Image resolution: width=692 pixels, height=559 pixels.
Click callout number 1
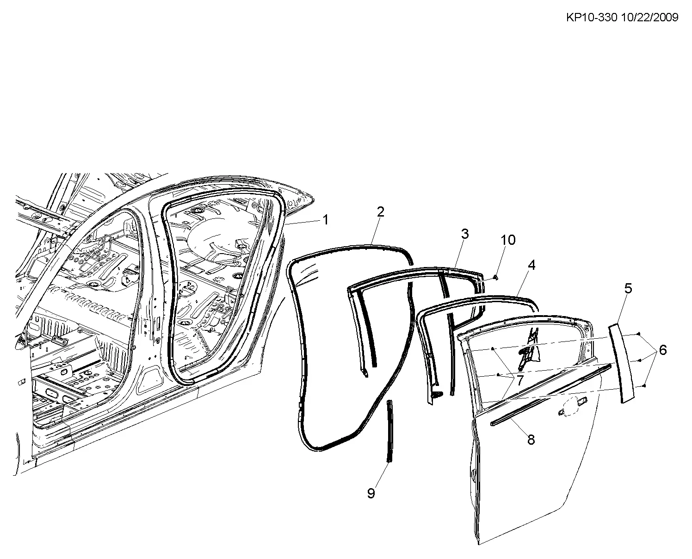point(326,220)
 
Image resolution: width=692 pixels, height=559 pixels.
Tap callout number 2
point(381,212)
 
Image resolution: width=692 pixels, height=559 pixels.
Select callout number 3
point(465,234)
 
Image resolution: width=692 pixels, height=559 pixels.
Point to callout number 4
point(531,265)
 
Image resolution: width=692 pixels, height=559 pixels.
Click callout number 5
point(628,289)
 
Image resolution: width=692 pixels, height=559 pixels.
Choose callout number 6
point(663,350)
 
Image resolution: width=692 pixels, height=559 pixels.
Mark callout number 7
point(520,380)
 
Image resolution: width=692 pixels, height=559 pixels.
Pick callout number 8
point(531,440)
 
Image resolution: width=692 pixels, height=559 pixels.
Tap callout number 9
point(371,493)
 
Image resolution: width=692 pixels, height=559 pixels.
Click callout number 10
point(508,240)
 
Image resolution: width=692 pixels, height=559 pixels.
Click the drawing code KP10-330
point(592,17)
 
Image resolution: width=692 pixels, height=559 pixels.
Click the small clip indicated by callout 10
point(496,277)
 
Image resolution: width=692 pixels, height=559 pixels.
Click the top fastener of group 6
point(639,334)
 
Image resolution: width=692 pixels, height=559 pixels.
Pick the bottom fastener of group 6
point(644,386)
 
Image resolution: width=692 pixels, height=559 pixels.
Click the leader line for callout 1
point(303,223)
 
